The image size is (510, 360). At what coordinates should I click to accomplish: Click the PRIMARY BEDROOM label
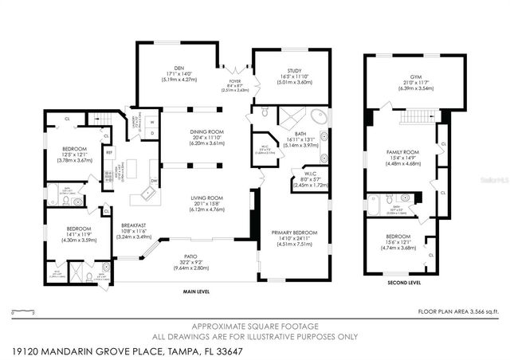[292, 233]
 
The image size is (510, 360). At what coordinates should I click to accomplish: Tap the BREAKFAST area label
[134, 225]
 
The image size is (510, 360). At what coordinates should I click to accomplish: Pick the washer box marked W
[152, 122]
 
